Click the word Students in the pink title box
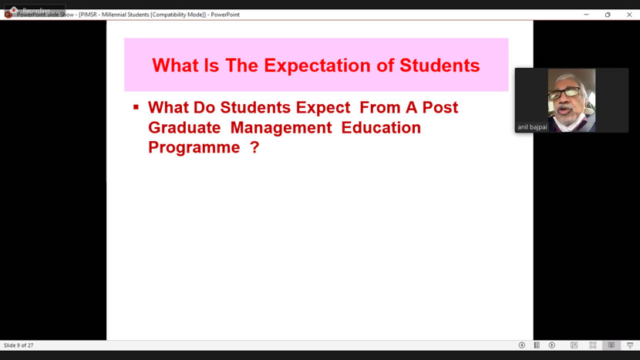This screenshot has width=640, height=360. coord(440,66)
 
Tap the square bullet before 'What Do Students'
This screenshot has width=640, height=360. coord(136,107)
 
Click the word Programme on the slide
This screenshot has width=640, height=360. coord(194,147)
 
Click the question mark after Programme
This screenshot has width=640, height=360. coord(254,147)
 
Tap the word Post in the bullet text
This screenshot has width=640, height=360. coord(439,107)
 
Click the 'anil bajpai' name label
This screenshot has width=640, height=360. coord(532,127)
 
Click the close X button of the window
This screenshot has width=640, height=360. coord(629,15)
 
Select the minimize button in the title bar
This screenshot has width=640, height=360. coord(586,15)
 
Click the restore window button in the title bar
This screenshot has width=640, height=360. coord(608,15)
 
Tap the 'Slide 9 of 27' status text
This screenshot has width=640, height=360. coord(19,345)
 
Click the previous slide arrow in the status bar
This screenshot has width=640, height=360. coord(522,345)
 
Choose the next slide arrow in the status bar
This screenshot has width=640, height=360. coord(552,345)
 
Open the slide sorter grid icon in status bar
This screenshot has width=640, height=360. coord(593,345)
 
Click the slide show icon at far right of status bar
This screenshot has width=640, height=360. coord(630,345)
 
